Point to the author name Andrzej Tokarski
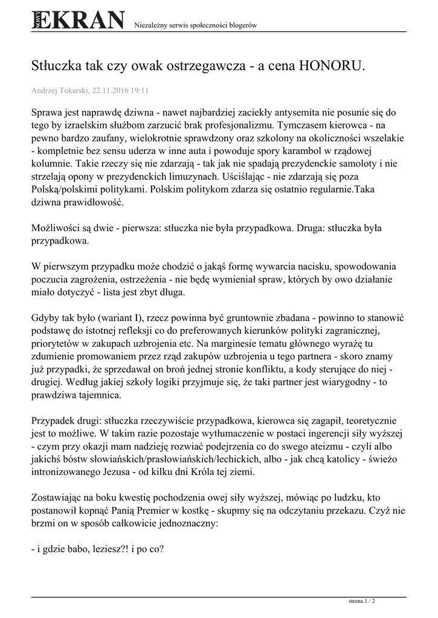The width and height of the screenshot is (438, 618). click(x=60, y=91)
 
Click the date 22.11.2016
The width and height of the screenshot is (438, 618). click(x=112, y=91)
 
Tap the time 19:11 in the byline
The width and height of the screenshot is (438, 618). click(x=141, y=91)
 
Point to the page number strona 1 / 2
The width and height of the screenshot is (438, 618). click(x=362, y=601)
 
